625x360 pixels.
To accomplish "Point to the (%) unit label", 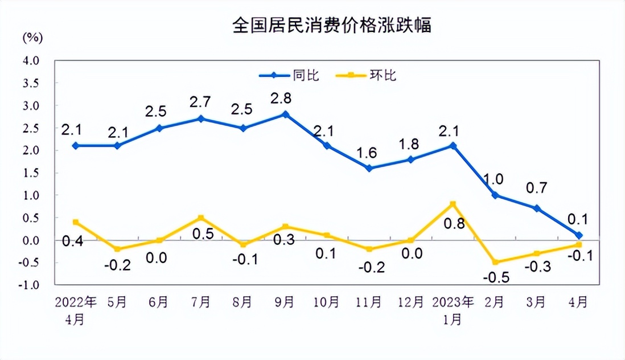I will (x=32, y=38).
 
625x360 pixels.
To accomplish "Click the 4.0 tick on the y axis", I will (x=31, y=60).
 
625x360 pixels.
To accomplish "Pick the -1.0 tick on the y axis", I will (x=30, y=285).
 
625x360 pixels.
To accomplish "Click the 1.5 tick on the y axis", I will (x=31, y=173).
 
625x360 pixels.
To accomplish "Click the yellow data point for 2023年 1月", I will (x=453, y=204).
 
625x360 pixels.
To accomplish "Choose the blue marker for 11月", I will (x=369, y=168).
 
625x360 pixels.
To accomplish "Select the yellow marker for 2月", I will (x=495, y=262).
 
